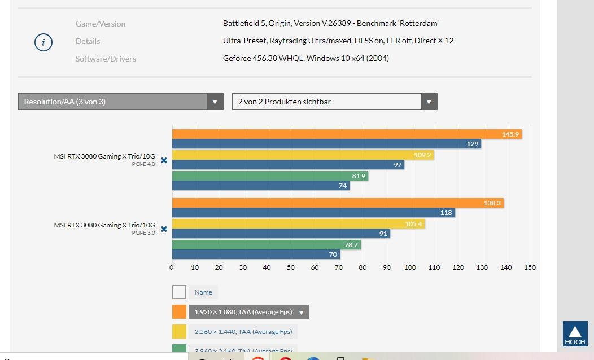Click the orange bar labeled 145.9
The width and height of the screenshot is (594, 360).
(347, 134)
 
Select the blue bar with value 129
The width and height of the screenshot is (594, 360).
(326, 144)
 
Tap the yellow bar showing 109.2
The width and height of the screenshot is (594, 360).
(303, 155)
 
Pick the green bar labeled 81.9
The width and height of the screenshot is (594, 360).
(270, 176)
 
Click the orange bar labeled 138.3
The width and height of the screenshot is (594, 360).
(338, 203)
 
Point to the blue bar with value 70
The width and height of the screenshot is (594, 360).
(256, 254)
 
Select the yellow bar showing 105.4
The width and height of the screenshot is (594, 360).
(298, 224)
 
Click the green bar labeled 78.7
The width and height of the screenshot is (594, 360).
(267, 245)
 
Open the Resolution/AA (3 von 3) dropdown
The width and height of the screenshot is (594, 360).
(120, 102)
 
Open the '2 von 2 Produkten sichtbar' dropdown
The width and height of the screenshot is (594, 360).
(334, 102)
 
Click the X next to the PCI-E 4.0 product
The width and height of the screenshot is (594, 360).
(164, 160)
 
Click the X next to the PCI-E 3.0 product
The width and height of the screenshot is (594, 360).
(164, 229)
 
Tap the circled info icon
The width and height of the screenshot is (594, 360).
(43, 42)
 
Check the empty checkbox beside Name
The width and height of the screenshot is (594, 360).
(179, 292)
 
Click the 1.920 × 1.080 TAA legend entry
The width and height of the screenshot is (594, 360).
(248, 312)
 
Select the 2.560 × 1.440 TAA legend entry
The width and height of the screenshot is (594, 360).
(243, 332)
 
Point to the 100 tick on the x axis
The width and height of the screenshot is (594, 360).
(410, 267)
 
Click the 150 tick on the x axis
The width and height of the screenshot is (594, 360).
(530, 267)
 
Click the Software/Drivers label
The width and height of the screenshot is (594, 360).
(106, 59)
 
